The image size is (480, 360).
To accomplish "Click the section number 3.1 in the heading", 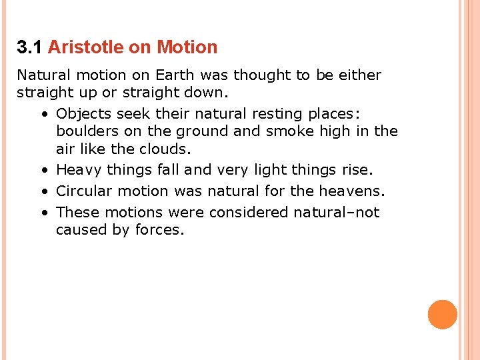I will click(x=30, y=47).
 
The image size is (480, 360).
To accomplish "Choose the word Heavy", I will click(x=79, y=171).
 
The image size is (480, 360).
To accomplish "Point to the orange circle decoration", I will click(x=443, y=315).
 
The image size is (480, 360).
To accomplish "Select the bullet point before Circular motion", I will click(x=43, y=192).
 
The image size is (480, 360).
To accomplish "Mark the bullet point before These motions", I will click(x=43, y=213).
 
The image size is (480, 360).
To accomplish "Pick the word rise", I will click(x=354, y=171).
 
